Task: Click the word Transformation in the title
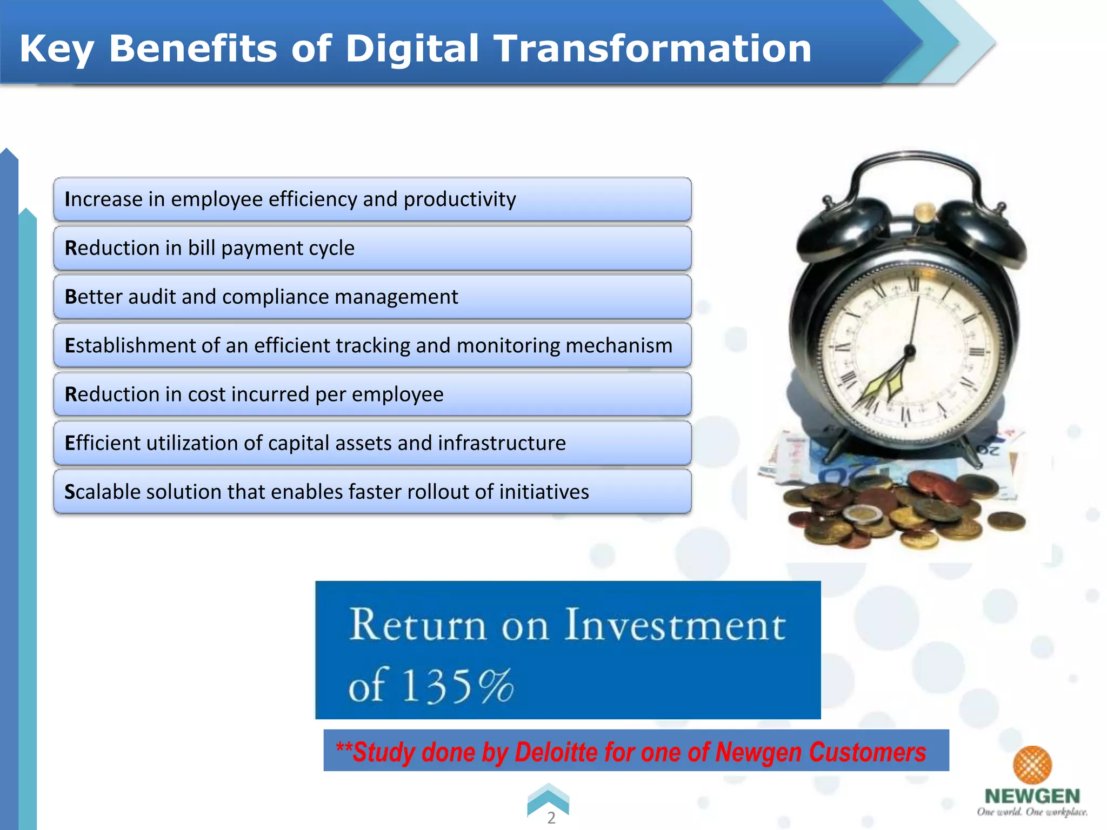click(x=652, y=49)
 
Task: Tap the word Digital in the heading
click(x=412, y=49)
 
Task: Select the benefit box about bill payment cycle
click(x=372, y=248)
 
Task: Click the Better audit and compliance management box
click(x=372, y=297)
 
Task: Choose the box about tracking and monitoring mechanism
click(x=372, y=345)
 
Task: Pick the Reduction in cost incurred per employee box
click(x=372, y=394)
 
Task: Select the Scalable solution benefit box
click(x=372, y=492)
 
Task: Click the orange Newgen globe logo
click(x=1032, y=765)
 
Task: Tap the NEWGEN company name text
click(x=1032, y=796)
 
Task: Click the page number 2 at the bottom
click(x=551, y=818)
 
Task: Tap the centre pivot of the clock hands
click(x=910, y=351)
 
